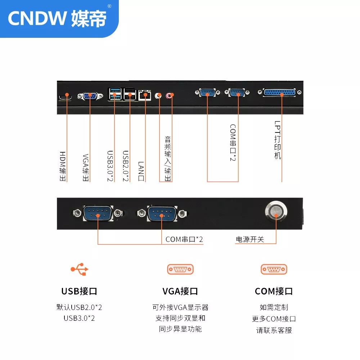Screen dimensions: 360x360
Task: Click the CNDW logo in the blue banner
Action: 57,18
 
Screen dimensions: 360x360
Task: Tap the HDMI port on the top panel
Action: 66,98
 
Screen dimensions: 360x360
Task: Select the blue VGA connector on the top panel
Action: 90,96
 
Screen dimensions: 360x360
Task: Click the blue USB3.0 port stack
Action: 115,94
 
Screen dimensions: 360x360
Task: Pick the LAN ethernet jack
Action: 145,95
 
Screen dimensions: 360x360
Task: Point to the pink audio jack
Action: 169,95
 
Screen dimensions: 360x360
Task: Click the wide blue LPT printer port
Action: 279,92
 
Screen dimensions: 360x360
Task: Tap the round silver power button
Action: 276,211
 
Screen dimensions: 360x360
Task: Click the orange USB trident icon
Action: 80,269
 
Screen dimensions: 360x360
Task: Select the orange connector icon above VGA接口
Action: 180,269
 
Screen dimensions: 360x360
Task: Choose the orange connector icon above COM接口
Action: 274,269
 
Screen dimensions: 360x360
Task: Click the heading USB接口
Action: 79,291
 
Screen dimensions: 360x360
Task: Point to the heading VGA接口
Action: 180,291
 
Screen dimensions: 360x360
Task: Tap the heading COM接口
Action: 274,291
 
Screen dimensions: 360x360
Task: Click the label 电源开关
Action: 250,239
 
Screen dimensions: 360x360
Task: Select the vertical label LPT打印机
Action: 278,140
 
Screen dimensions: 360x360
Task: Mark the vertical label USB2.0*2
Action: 125,166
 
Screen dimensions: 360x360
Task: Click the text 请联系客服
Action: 274,330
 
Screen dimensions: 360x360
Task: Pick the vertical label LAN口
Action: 141,171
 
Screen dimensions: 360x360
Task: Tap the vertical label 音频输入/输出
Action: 168,159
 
